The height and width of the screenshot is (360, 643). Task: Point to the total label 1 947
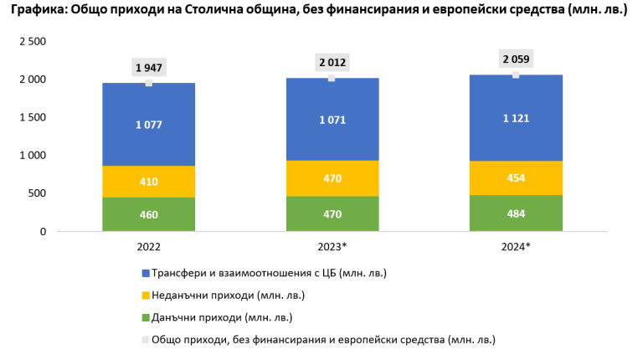click(x=148, y=67)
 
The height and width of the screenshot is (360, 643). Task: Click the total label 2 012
click(x=332, y=62)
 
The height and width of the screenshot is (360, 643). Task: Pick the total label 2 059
click(x=515, y=59)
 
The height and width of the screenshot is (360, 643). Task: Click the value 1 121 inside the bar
click(x=515, y=120)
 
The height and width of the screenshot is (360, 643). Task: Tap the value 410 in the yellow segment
click(x=148, y=181)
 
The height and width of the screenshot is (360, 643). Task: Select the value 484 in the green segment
click(x=515, y=213)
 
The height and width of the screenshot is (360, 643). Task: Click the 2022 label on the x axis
click(x=148, y=247)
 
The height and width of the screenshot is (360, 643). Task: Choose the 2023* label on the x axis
click(x=332, y=247)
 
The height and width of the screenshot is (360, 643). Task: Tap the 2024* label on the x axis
click(x=515, y=247)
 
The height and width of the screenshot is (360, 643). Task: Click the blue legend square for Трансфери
click(x=145, y=272)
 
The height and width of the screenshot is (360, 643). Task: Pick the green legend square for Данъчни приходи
click(x=145, y=317)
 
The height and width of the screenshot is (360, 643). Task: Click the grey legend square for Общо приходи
click(x=145, y=339)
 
